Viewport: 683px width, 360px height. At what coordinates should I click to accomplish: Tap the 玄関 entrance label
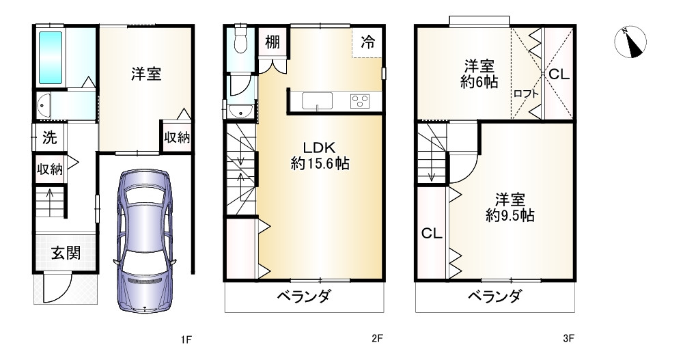point(66,253)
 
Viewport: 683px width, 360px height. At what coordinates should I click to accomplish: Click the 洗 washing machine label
point(49,136)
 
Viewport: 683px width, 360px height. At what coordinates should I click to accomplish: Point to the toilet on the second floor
point(240,42)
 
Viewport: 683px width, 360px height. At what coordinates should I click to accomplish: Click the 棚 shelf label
point(273,42)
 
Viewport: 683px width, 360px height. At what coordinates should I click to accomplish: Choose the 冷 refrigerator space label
point(367,41)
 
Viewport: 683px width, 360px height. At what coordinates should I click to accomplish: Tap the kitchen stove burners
point(359,101)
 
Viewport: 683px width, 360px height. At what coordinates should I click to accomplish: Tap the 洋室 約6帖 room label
point(480,74)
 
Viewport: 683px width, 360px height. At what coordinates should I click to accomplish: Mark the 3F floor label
point(568,339)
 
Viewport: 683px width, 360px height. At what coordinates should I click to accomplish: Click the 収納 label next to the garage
point(176,137)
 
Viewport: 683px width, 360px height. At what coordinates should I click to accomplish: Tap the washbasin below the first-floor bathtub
point(44,106)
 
